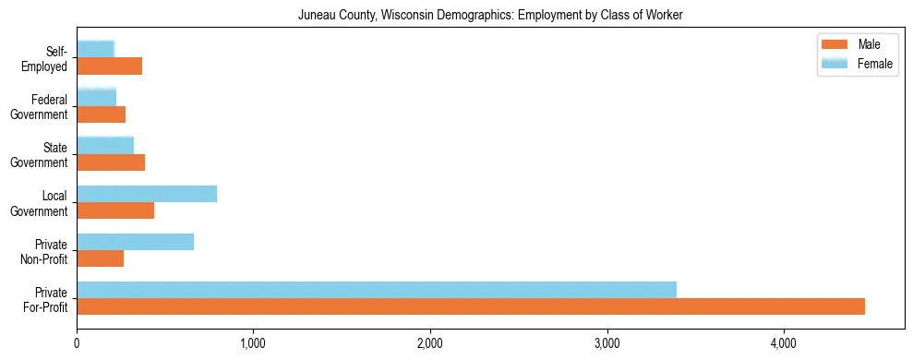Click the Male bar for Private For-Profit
pos(471,306)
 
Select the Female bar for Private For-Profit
pos(377,290)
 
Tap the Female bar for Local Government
pos(147,194)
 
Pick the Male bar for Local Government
pos(115,210)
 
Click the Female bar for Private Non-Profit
pos(136,242)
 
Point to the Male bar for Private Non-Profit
pos(101,258)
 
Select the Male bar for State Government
pos(111,162)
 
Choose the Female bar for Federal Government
pos(97,97)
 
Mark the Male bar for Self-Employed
pos(110,66)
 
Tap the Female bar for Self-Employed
pos(96,49)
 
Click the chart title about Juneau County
pos(490,16)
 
